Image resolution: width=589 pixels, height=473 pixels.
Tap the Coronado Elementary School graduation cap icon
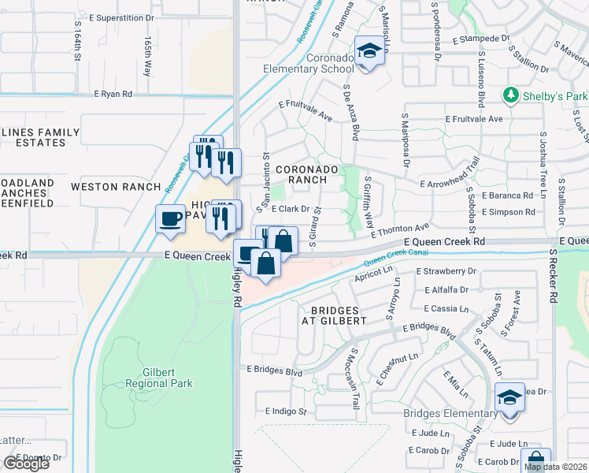[367, 51]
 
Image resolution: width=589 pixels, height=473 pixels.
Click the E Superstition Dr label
[122, 17]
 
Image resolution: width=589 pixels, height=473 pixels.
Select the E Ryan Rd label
[113, 94]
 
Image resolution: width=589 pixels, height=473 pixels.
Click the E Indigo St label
[285, 411]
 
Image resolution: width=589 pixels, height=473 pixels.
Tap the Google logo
[26, 464]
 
